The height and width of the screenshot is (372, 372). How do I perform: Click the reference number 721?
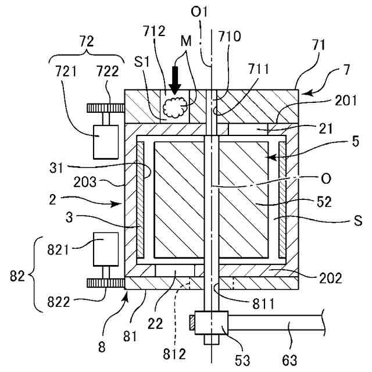66,71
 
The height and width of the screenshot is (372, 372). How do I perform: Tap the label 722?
108,71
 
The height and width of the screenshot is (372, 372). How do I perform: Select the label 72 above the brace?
87,41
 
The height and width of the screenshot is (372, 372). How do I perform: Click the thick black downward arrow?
175,80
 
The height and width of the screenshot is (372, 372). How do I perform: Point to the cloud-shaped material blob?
176,107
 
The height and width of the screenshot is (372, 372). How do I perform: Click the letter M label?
186,41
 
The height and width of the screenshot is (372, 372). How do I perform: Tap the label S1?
142,62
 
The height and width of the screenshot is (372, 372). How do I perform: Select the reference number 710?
230,37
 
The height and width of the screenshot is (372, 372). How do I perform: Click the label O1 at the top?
199,12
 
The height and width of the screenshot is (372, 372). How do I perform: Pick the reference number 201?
346,101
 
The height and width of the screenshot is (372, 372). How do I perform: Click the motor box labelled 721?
106,142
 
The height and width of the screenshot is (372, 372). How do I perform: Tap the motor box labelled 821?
106,249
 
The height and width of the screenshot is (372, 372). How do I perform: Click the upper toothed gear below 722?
106,108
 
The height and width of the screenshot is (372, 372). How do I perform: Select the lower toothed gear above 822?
106,283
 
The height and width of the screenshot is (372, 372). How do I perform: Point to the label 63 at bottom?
289,360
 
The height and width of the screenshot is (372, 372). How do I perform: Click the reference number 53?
242,360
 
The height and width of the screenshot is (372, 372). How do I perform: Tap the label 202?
331,278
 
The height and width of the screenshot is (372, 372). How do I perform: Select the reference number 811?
263,304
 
